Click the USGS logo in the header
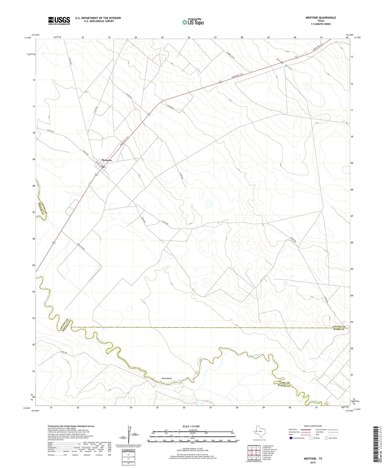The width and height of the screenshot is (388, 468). point(59,21)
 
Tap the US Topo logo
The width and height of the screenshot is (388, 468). point(193,22)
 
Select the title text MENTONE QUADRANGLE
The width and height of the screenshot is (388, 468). point(321,18)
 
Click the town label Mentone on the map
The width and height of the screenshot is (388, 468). point(107,160)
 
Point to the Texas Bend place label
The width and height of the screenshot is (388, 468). point(166,378)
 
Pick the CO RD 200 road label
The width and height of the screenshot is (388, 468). point(165,223)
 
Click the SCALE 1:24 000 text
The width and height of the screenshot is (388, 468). point(191,426)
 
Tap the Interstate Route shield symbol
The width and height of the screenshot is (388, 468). point(291,438)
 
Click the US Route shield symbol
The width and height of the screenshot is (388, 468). point(311,438)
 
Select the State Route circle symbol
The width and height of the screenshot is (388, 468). point(327,438)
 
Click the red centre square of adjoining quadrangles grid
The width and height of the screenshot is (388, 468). point(254,452)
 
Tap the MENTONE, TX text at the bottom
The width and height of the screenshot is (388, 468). point(313,459)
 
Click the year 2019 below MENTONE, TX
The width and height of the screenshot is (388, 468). point(313,462)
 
